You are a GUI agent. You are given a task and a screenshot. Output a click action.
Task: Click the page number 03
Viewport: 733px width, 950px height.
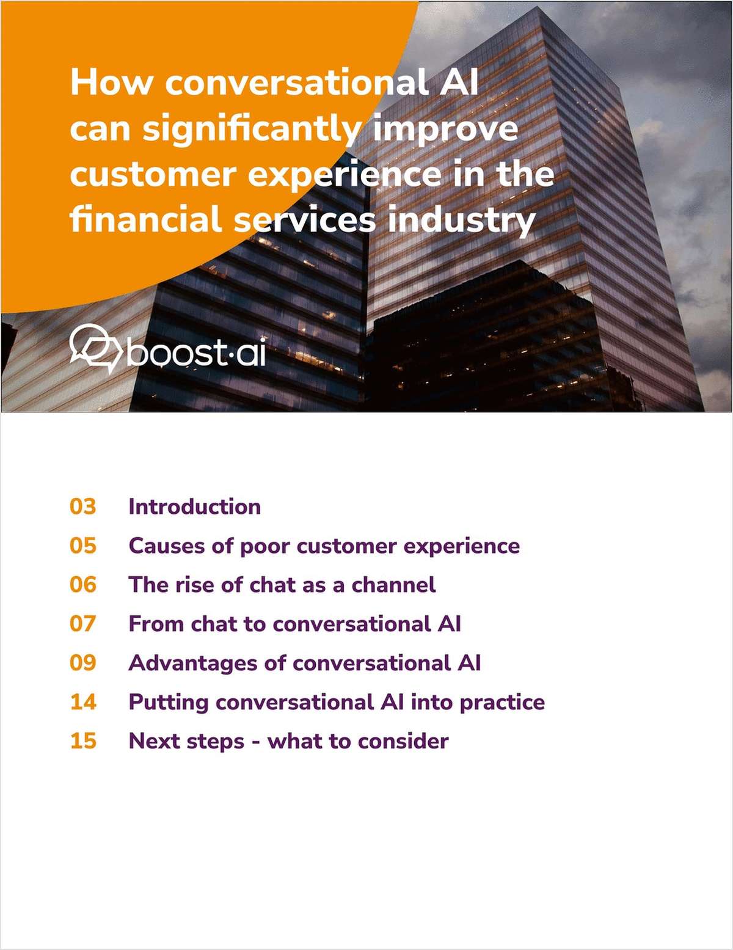[x=83, y=506]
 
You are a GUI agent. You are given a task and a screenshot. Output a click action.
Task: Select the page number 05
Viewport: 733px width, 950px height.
[x=83, y=546]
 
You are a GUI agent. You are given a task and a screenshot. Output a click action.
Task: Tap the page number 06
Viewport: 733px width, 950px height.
[x=83, y=585]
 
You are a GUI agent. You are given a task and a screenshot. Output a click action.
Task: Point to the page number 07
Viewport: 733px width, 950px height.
[x=83, y=624]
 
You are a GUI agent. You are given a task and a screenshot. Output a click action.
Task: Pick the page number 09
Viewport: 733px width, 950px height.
[x=83, y=663]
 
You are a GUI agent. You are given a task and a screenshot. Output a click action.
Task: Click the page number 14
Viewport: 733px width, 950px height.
[x=83, y=702]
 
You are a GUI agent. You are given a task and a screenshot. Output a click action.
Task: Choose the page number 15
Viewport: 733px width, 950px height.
[x=83, y=741]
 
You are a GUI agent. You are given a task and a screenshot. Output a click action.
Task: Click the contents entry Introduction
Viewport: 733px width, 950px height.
[x=194, y=506]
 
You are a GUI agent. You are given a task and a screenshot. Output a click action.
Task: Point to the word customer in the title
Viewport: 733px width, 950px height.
[x=152, y=175]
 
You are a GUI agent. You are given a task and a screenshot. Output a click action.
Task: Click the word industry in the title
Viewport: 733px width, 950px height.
[x=462, y=221]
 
